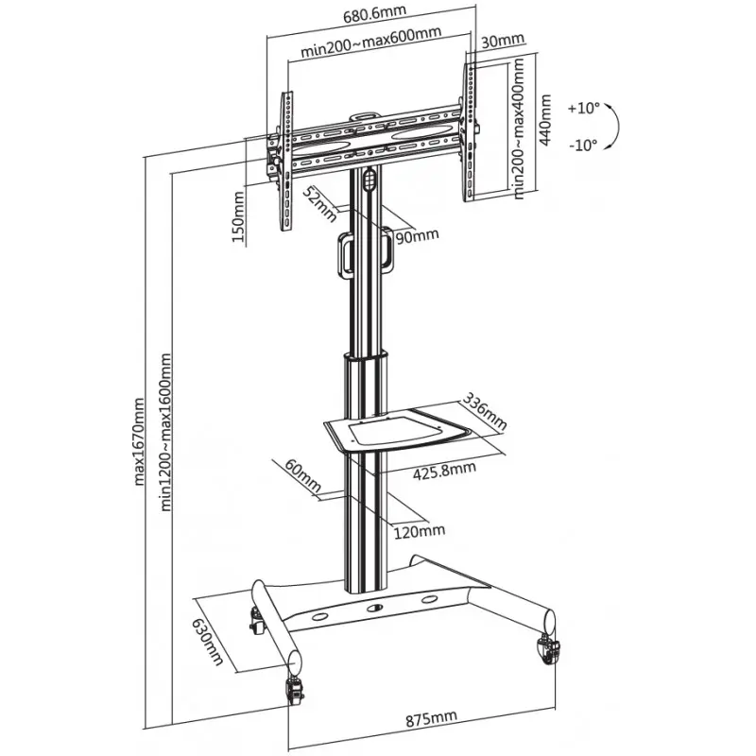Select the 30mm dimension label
[501, 41]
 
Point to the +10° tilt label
[583, 108]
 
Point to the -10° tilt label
[583, 145]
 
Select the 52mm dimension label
[318, 202]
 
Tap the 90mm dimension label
[417, 236]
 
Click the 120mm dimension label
[419, 531]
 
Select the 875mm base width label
[432, 721]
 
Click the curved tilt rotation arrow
[613, 126]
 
